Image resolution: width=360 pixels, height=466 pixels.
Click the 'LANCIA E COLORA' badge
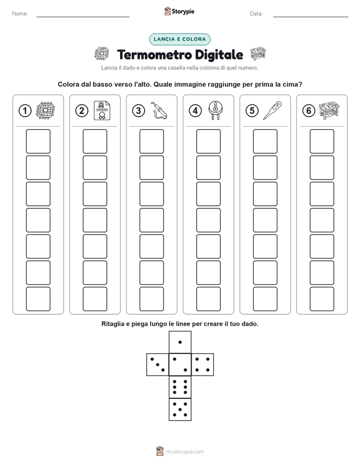[x=179, y=39]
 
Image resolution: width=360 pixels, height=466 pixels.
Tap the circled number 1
[x=25, y=111]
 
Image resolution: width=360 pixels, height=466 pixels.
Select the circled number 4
[x=195, y=111]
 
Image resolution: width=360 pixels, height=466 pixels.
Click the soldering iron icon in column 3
[x=159, y=110]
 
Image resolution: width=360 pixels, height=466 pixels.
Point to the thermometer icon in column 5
[x=272, y=110]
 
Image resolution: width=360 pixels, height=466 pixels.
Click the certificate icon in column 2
[x=102, y=110]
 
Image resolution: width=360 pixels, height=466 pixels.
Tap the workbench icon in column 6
[x=329, y=110]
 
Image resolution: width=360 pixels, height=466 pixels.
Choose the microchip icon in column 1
[x=45, y=110]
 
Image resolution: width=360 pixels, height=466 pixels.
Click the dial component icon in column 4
[x=215, y=110]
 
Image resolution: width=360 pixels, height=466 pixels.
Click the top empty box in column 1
[x=38, y=141]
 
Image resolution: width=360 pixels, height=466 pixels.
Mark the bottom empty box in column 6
[x=322, y=299]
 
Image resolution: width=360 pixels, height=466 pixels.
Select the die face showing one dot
[x=180, y=342]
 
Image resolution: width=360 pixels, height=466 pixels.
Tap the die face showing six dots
[x=180, y=387]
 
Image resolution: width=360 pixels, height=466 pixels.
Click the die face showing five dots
[x=180, y=410]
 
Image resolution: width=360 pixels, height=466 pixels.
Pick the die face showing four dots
[x=203, y=365]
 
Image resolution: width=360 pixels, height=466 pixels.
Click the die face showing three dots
[x=158, y=365]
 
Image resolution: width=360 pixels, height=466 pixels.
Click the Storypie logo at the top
[x=179, y=12]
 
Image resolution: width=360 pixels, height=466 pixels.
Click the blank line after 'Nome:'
[x=83, y=17]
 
